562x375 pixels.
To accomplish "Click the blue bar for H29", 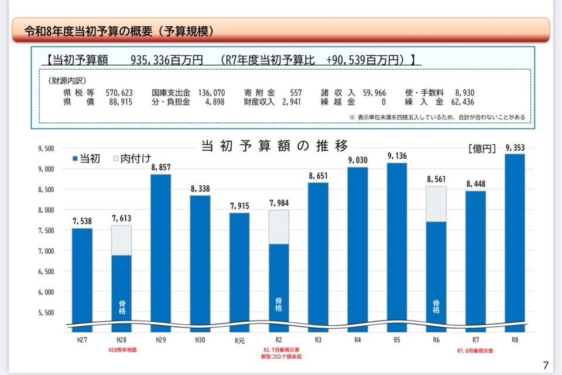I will point(161,252).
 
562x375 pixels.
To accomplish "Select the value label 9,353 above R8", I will point(515,148).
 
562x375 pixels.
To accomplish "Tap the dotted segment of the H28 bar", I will point(122,240).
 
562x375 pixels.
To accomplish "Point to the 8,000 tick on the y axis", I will point(45,210).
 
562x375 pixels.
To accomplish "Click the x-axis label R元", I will point(239,339).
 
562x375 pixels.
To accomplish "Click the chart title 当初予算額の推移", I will point(275,145).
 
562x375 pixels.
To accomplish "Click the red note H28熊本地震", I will point(122,349).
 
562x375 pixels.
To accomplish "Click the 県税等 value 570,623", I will point(119,93).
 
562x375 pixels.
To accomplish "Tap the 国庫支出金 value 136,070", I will point(212,93).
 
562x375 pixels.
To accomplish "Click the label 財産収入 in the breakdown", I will point(259,102).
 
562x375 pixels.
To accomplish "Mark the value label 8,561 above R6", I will point(436,179).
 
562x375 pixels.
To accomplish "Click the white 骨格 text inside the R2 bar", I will point(279,305).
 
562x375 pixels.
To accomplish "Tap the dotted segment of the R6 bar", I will point(436,204).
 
